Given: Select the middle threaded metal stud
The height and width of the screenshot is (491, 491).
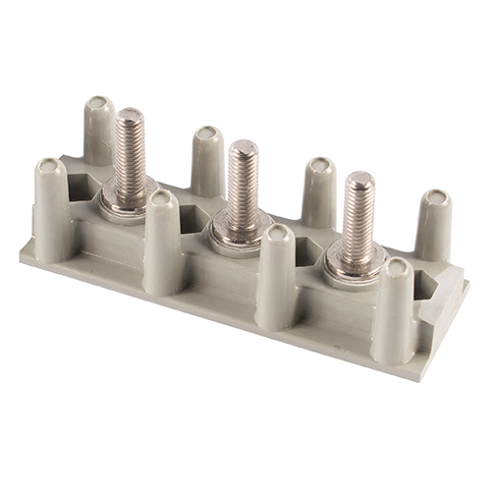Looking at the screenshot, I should tap(243, 187).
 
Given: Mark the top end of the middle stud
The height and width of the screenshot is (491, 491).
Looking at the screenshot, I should tap(243, 148).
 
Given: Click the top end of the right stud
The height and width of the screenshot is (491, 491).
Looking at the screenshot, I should tap(358, 181).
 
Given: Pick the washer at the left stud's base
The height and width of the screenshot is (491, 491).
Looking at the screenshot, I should tap(125, 207).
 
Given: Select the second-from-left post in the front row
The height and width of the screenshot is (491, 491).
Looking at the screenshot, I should tap(163, 241).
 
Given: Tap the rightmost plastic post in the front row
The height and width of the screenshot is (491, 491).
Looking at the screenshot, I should tap(394, 309).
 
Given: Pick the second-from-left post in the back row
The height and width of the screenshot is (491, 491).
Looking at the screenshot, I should tap(207, 159).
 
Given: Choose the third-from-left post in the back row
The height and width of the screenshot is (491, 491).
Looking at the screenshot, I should tap(318, 191).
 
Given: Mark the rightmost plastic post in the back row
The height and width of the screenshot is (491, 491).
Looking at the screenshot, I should tap(433, 224).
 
